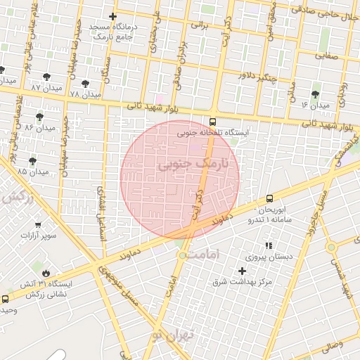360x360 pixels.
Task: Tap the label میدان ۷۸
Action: point(86,94)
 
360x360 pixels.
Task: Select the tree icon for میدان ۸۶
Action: point(39,117)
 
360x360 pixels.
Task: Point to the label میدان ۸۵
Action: point(33,171)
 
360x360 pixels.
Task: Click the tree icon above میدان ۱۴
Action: point(315,94)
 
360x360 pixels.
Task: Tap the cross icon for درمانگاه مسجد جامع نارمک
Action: point(112,16)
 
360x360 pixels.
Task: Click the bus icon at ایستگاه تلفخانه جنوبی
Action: point(213,121)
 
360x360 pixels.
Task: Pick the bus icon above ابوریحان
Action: point(269,199)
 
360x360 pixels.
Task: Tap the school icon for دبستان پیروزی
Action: point(268,246)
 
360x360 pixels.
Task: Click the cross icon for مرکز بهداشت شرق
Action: point(243,271)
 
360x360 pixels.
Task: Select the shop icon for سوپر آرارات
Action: point(38,225)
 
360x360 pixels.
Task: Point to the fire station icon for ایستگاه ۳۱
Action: point(46,274)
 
